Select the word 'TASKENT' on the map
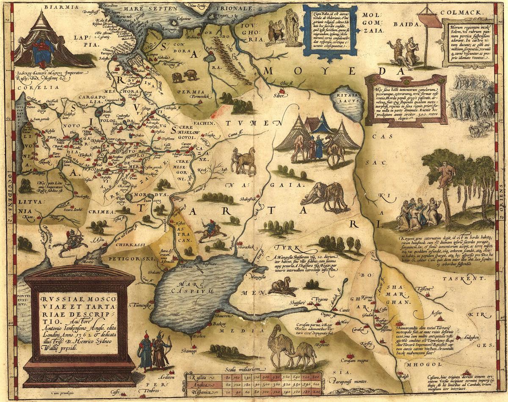click(468, 279)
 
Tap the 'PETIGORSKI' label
click(124, 258)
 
